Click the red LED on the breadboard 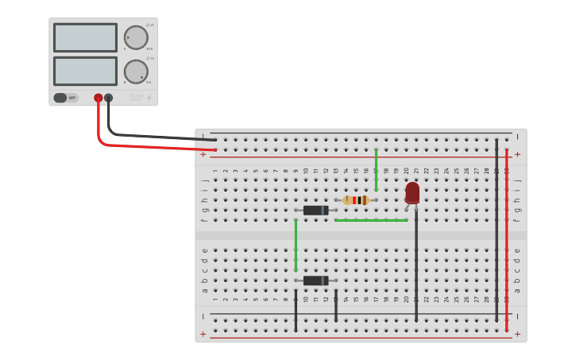pos(412,192)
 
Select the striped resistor pos(355,200)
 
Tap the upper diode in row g pos(315,211)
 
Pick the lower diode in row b pos(315,281)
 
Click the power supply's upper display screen pos(85,37)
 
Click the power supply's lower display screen pos(85,71)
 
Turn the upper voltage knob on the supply pos(136,37)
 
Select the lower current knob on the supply pos(136,72)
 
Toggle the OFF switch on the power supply pos(66,98)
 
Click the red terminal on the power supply pos(99,98)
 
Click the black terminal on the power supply pos(109,98)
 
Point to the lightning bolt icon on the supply pos(149,99)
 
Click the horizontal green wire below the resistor pos(371,220)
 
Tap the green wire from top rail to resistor pos(376,169)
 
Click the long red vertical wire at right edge pos(506,238)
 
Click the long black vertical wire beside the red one pos(497,230)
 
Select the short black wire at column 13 pos(336,305)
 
